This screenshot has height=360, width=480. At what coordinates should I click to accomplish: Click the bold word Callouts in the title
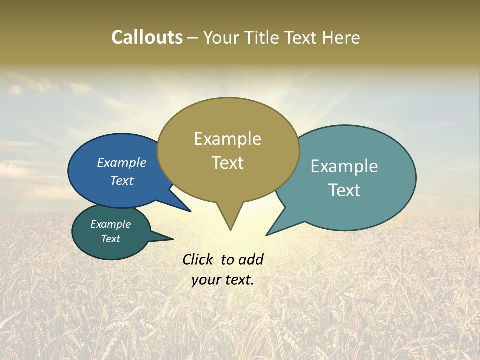click(147, 37)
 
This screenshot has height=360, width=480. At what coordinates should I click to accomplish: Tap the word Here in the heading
click(341, 38)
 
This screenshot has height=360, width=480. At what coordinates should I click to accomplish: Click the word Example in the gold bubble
click(227, 139)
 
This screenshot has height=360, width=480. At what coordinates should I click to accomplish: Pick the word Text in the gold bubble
click(227, 163)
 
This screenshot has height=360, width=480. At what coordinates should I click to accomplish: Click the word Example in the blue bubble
click(122, 163)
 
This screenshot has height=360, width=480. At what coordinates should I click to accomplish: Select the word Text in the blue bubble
click(122, 180)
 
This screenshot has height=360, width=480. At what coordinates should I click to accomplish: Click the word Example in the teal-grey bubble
click(344, 166)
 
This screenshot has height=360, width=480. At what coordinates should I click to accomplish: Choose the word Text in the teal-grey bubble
click(344, 190)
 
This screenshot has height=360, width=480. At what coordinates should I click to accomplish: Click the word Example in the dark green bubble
click(110, 225)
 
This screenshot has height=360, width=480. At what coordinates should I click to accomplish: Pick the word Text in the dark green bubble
click(110, 239)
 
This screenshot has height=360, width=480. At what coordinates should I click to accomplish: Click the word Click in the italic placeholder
click(198, 259)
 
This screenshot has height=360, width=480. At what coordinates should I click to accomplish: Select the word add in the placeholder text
click(251, 259)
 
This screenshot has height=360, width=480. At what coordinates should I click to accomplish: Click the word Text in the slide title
click(303, 38)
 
